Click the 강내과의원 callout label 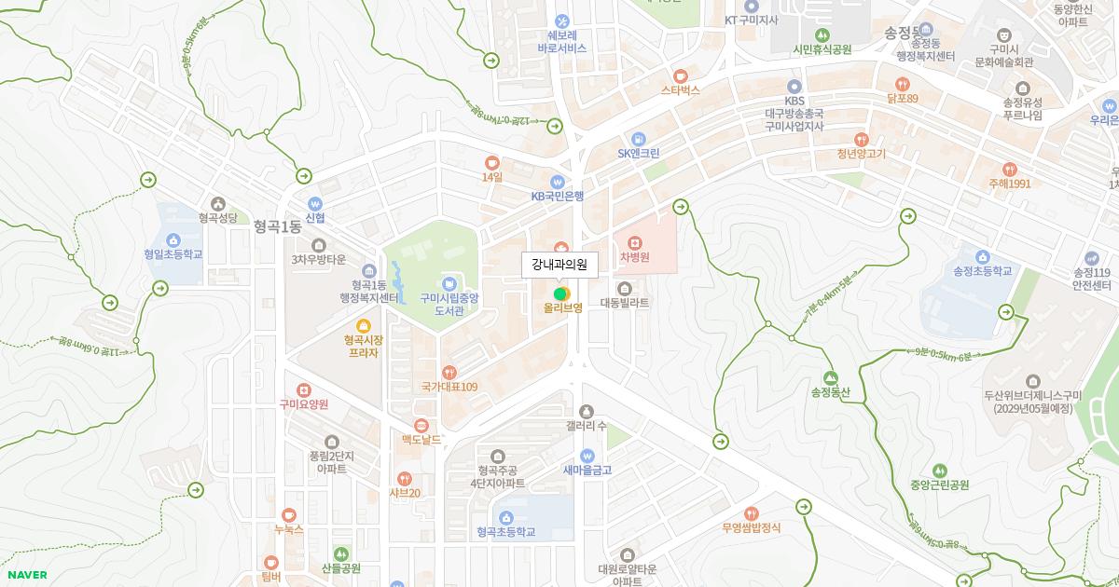click(559, 265)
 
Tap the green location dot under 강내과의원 click(559, 294)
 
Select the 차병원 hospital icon click(635, 242)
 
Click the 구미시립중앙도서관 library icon click(449, 283)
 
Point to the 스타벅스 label click(681, 90)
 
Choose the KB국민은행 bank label click(558, 197)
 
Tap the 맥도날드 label click(421, 439)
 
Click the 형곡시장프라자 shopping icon click(364, 325)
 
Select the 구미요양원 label click(304, 404)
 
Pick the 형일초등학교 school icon click(173, 239)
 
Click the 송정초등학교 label click(982, 271)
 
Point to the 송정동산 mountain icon click(830, 377)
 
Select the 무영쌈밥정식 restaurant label click(752, 527)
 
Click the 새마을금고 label click(587, 471)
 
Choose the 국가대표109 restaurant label click(449, 387)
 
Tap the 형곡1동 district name click(277, 226)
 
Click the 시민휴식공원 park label click(822, 49)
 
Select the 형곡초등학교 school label click(505, 532)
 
